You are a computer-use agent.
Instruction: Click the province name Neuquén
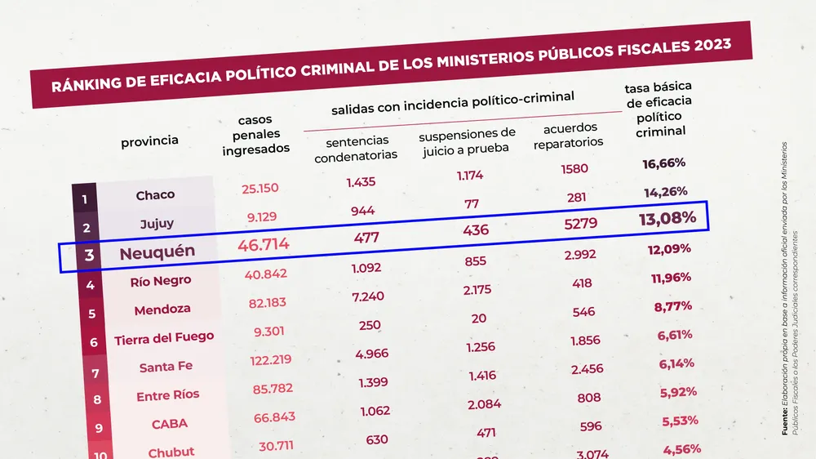157,253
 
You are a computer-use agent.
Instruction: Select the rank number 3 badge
89,256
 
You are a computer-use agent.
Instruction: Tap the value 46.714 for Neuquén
264,244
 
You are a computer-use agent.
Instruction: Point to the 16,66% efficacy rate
663,163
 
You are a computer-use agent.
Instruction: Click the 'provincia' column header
149,141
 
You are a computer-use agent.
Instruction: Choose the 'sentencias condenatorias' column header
356,148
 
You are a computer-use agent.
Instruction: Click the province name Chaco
155,195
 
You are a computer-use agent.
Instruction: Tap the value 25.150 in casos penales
260,188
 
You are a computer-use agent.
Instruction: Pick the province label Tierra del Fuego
164,338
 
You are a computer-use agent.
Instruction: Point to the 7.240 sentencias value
368,296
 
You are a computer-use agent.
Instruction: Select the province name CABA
170,424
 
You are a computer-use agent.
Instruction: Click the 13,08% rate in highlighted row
667,218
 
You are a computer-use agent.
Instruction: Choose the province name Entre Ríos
168,395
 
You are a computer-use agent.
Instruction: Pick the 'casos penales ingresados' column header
256,134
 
